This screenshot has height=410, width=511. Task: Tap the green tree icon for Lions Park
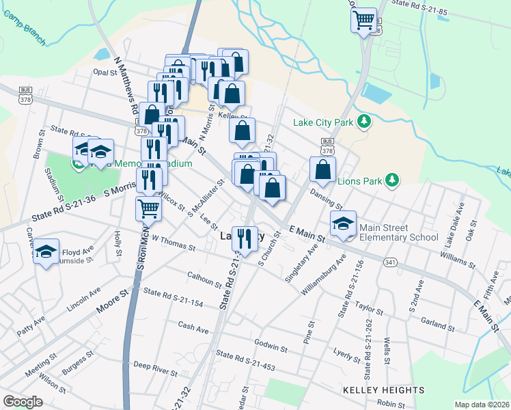(x=391, y=180)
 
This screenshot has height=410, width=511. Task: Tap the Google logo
(x=23, y=402)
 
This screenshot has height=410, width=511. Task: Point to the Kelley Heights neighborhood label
(x=385, y=390)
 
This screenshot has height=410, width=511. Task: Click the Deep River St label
(x=155, y=369)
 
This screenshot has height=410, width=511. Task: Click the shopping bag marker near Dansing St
(x=322, y=169)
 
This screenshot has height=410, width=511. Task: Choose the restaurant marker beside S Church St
(x=245, y=238)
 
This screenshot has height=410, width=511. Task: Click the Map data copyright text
(x=482, y=405)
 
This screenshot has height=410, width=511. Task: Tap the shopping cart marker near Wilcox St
(x=148, y=208)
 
